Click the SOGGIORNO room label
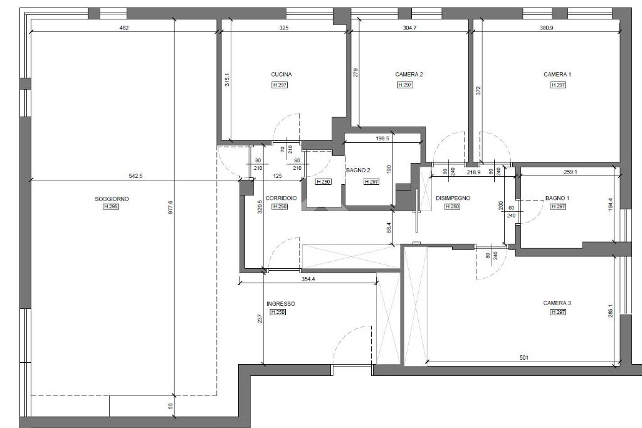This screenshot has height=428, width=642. pyautogui.click(x=112, y=199)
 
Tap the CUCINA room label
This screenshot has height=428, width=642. pyautogui.click(x=282, y=75)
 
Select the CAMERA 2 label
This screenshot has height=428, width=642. pyautogui.click(x=409, y=75)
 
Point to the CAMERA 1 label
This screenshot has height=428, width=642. pyautogui.click(x=557, y=75)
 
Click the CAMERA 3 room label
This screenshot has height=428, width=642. pyautogui.click(x=557, y=303)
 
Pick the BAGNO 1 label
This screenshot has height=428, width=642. pyautogui.click(x=557, y=199)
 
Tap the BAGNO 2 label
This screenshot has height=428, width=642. pyautogui.click(x=358, y=170)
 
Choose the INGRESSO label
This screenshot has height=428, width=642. pyautogui.click(x=281, y=304)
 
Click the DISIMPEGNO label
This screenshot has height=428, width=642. pyautogui.click(x=453, y=198)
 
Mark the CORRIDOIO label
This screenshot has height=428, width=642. pyautogui.click(x=281, y=199)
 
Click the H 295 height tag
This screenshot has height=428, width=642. pyautogui.click(x=111, y=207)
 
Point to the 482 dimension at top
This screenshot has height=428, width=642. pyautogui.click(x=124, y=28)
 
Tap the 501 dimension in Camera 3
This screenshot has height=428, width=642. pyautogui.click(x=524, y=358)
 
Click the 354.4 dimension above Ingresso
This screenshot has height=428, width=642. pyautogui.click(x=308, y=279)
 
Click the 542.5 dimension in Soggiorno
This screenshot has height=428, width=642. pyautogui.click(x=135, y=176)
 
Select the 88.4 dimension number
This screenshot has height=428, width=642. pyautogui.click(x=389, y=228)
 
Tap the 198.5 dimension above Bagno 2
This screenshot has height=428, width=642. pyautogui.click(x=382, y=138)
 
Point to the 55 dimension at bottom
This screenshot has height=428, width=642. pyautogui.click(x=171, y=406)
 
